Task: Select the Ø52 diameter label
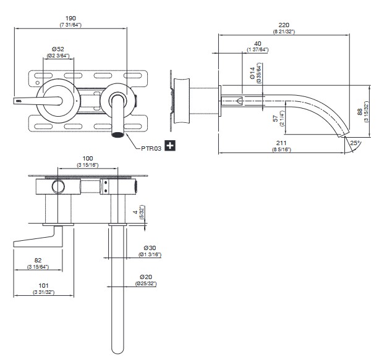(59, 49)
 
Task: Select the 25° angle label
(355, 143)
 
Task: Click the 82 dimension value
(38, 261)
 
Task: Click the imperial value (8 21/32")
(283, 31)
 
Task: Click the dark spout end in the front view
(117, 134)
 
